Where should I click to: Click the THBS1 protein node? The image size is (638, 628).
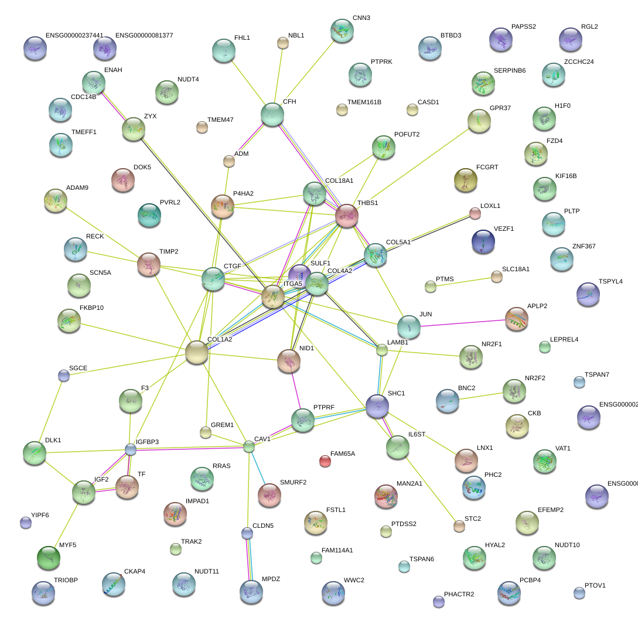click(x=346, y=215)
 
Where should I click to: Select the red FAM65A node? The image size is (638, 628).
click(x=325, y=462)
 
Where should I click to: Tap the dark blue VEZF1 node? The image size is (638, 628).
click(x=483, y=241)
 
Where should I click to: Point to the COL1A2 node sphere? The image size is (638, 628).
click(x=197, y=352)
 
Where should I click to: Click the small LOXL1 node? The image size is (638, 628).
click(x=475, y=213)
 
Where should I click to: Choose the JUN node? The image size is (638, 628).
click(x=408, y=327)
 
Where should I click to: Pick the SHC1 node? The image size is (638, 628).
click(x=377, y=406)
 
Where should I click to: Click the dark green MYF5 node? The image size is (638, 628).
click(x=48, y=558)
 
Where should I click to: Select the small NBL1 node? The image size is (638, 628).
click(x=283, y=43)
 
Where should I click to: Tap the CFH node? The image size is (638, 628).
click(x=272, y=114)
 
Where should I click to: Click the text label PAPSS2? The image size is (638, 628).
click(x=523, y=27)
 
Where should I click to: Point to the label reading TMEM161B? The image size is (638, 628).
click(x=364, y=103)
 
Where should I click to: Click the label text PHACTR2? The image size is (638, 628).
click(x=459, y=595)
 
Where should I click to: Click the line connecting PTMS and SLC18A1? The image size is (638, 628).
click(x=463, y=282)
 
